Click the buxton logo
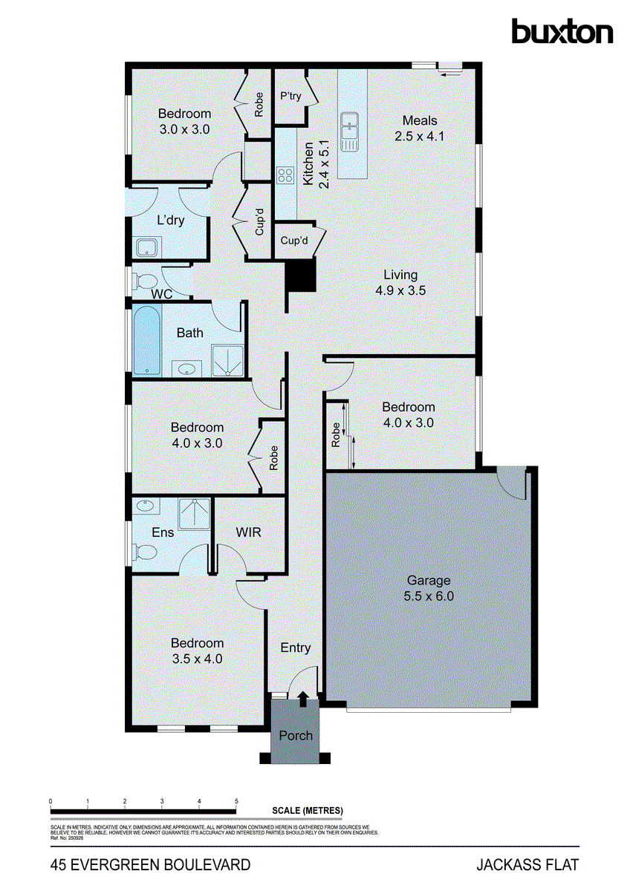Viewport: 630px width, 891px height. [562, 32]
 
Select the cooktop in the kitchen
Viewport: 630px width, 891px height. [285, 175]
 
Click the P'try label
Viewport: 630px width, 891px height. [289, 96]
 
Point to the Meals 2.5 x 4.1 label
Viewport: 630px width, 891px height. [420, 128]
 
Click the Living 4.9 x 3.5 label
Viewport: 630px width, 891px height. [400, 283]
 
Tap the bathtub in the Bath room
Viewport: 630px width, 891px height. [146, 342]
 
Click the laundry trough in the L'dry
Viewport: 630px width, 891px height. [146, 247]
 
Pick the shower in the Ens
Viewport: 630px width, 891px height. [195, 512]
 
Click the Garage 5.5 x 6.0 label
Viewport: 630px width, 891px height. [428, 588]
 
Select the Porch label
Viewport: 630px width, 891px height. [295, 735]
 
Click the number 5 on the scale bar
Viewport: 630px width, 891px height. [236, 802]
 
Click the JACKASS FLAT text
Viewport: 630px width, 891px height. [527, 864]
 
